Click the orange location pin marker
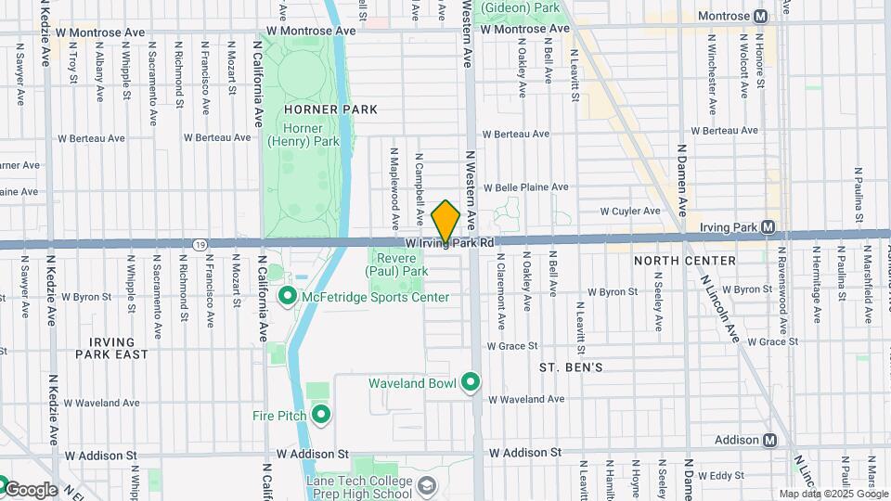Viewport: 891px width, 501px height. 446,223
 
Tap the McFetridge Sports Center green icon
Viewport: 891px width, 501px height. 288,297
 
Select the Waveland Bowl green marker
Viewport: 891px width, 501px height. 471,382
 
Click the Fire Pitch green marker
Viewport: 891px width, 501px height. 321,415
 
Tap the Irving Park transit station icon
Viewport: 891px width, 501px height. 768,226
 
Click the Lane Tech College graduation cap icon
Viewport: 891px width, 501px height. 426,485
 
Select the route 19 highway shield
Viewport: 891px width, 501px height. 200,244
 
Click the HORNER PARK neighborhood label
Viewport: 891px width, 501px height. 318,109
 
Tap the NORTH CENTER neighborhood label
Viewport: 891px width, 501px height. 684,261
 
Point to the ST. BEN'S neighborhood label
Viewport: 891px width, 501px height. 572,367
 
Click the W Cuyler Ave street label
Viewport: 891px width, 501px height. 630,211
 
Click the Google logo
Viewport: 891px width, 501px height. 30,489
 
